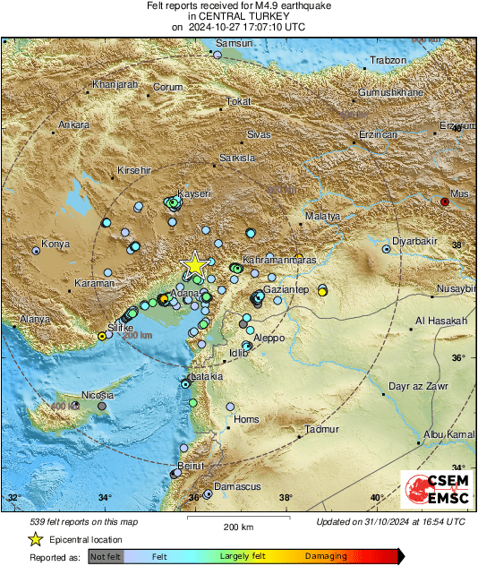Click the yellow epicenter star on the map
[194, 264]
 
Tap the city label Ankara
[74, 124]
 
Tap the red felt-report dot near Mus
[445, 202]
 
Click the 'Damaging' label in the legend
[326, 556]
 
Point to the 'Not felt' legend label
[107, 556]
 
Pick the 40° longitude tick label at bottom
[376, 498]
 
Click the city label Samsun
[235, 43]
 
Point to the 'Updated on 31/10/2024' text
[391, 520]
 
